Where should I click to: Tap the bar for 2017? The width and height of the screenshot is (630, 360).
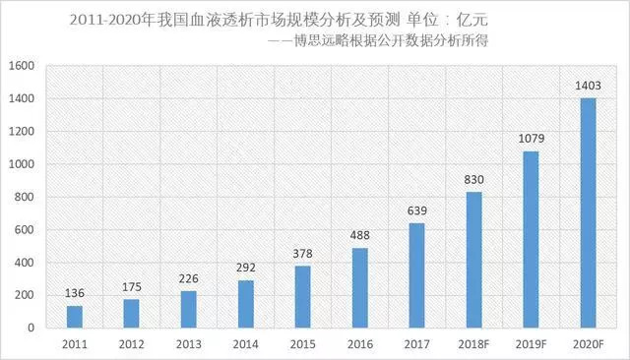pos(417,275)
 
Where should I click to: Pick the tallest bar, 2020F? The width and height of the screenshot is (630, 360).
pos(589,212)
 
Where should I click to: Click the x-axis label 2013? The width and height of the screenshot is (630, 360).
pos(188,343)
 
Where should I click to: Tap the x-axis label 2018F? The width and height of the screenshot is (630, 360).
pos(473,343)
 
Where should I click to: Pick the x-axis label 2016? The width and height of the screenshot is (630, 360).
pos(359,343)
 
